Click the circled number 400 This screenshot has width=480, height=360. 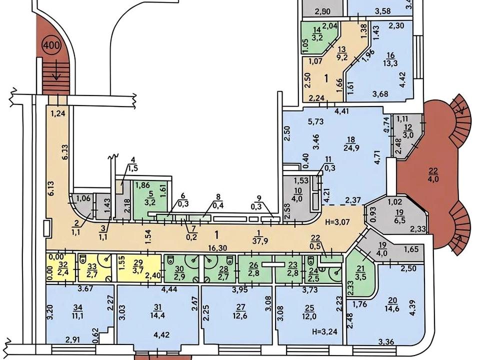point(51,45)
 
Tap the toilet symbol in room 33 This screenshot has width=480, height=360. point(82,260)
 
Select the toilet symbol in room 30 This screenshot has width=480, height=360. point(170,260)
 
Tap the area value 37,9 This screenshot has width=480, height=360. point(260,241)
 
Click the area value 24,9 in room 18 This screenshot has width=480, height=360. point(351,148)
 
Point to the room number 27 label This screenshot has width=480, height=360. point(240,307)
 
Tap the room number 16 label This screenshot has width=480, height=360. point(390,55)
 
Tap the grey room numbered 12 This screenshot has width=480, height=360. point(407,136)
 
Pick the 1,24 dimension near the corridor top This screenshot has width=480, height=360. point(57,113)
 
